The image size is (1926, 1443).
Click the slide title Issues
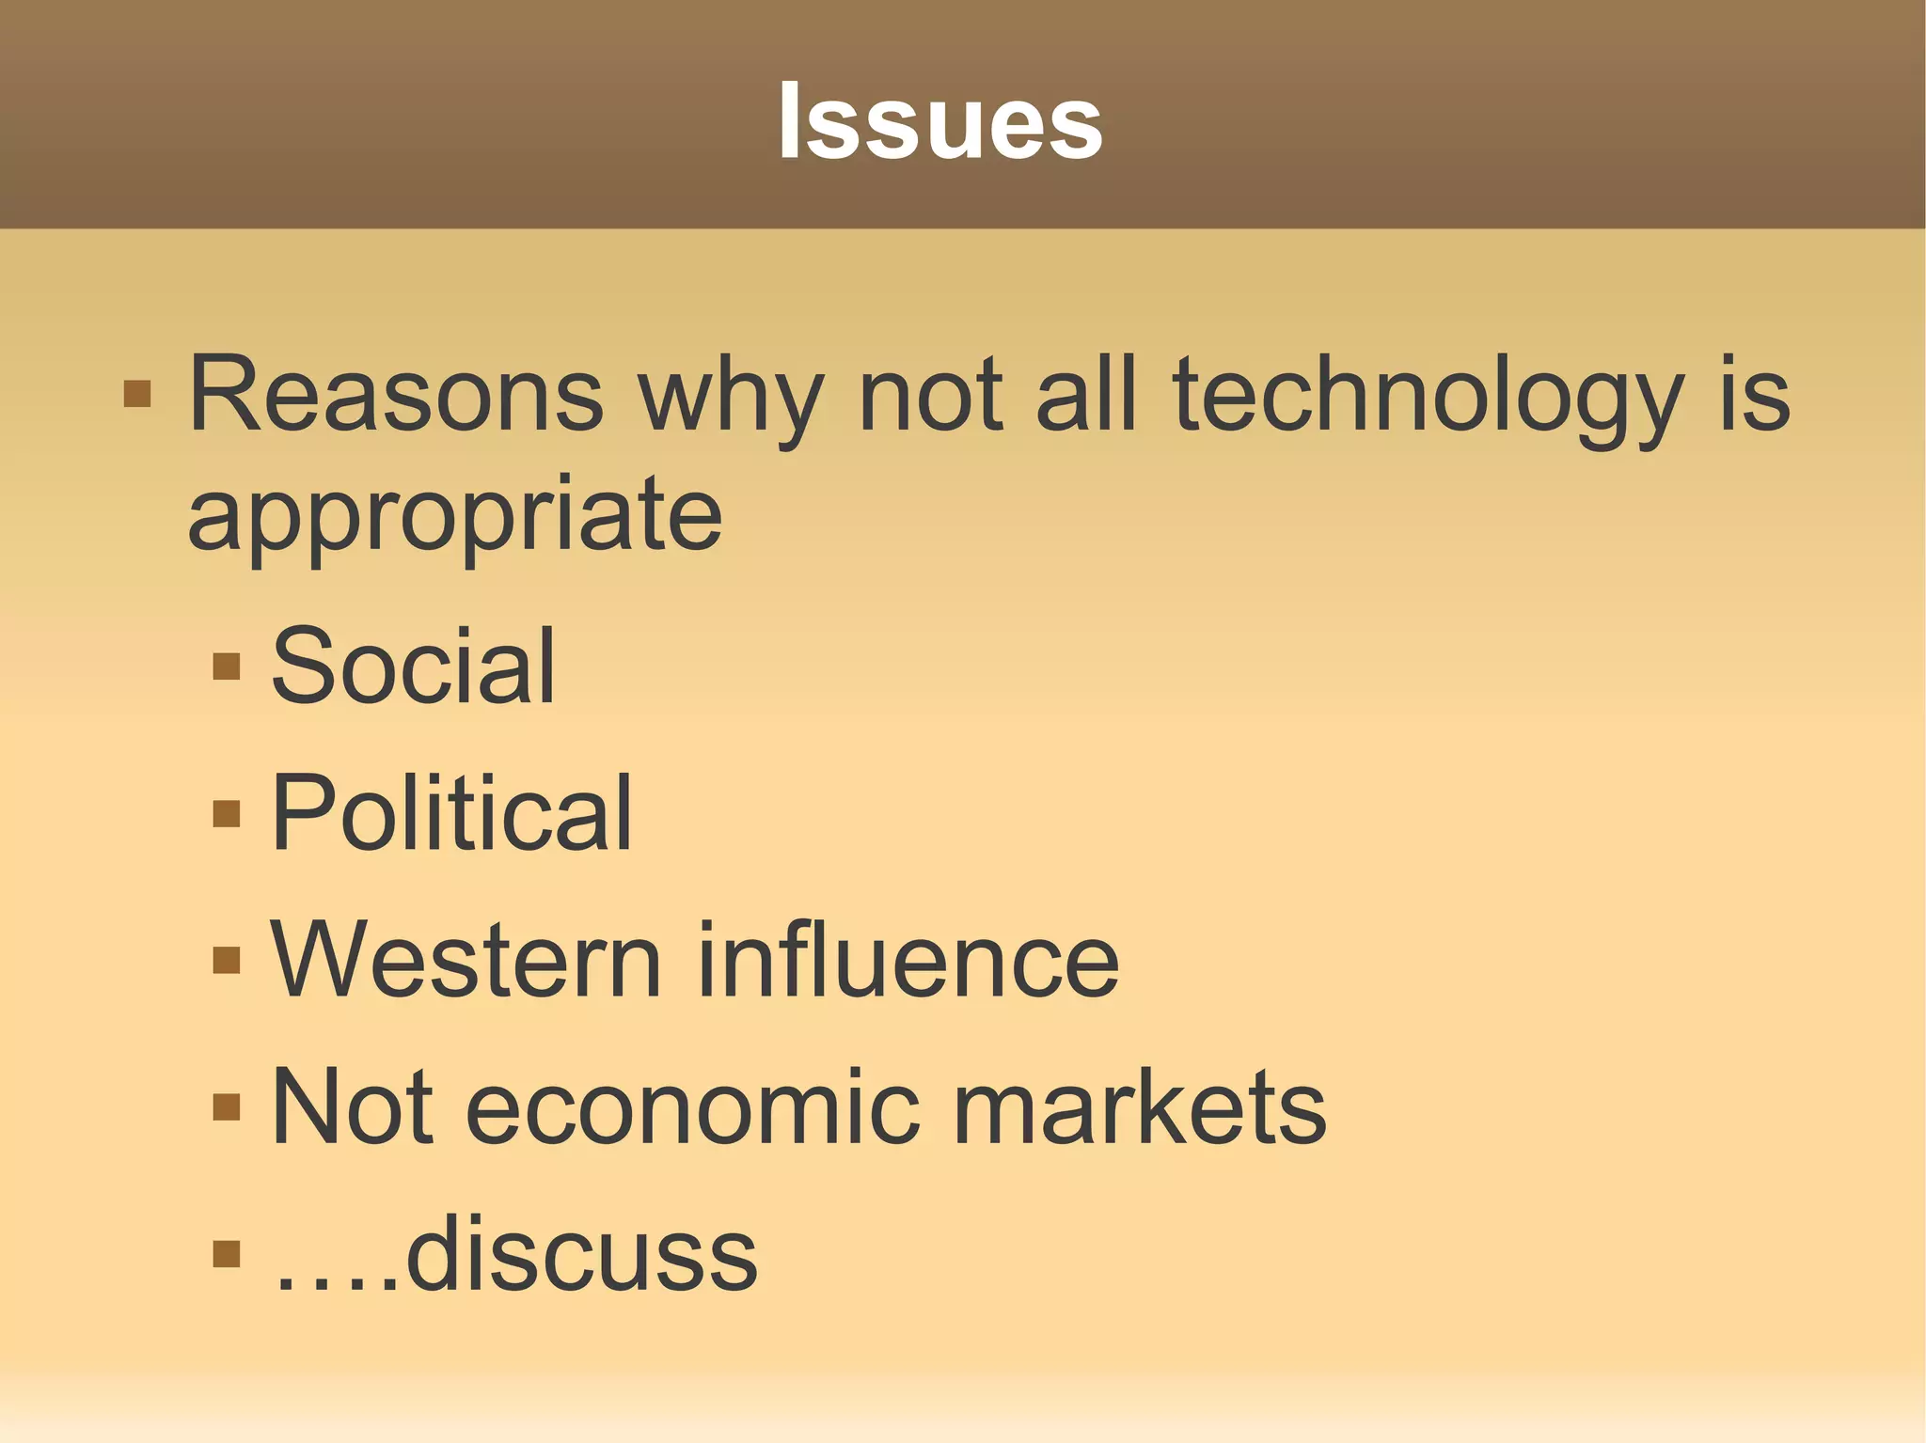pyautogui.click(x=939, y=122)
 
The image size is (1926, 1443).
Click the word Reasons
pyautogui.click(x=395, y=395)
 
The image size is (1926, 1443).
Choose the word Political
pyautogui.click(x=451, y=812)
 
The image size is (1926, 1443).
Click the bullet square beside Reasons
pyautogui.click(x=137, y=393)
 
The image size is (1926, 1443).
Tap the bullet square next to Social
pyautogui.click(x=227, y=666)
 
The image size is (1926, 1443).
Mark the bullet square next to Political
pyautogui.click(x=227, y=812)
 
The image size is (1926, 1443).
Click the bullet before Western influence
pyautogui.click(x=227, y=959)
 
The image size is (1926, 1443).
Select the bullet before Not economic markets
pyautogui.click(x=227, y=1107)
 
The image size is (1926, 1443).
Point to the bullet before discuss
pyautogui.click(x=227, y=1254)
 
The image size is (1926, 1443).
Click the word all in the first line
pyautogui.click(x=1086, y=395)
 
